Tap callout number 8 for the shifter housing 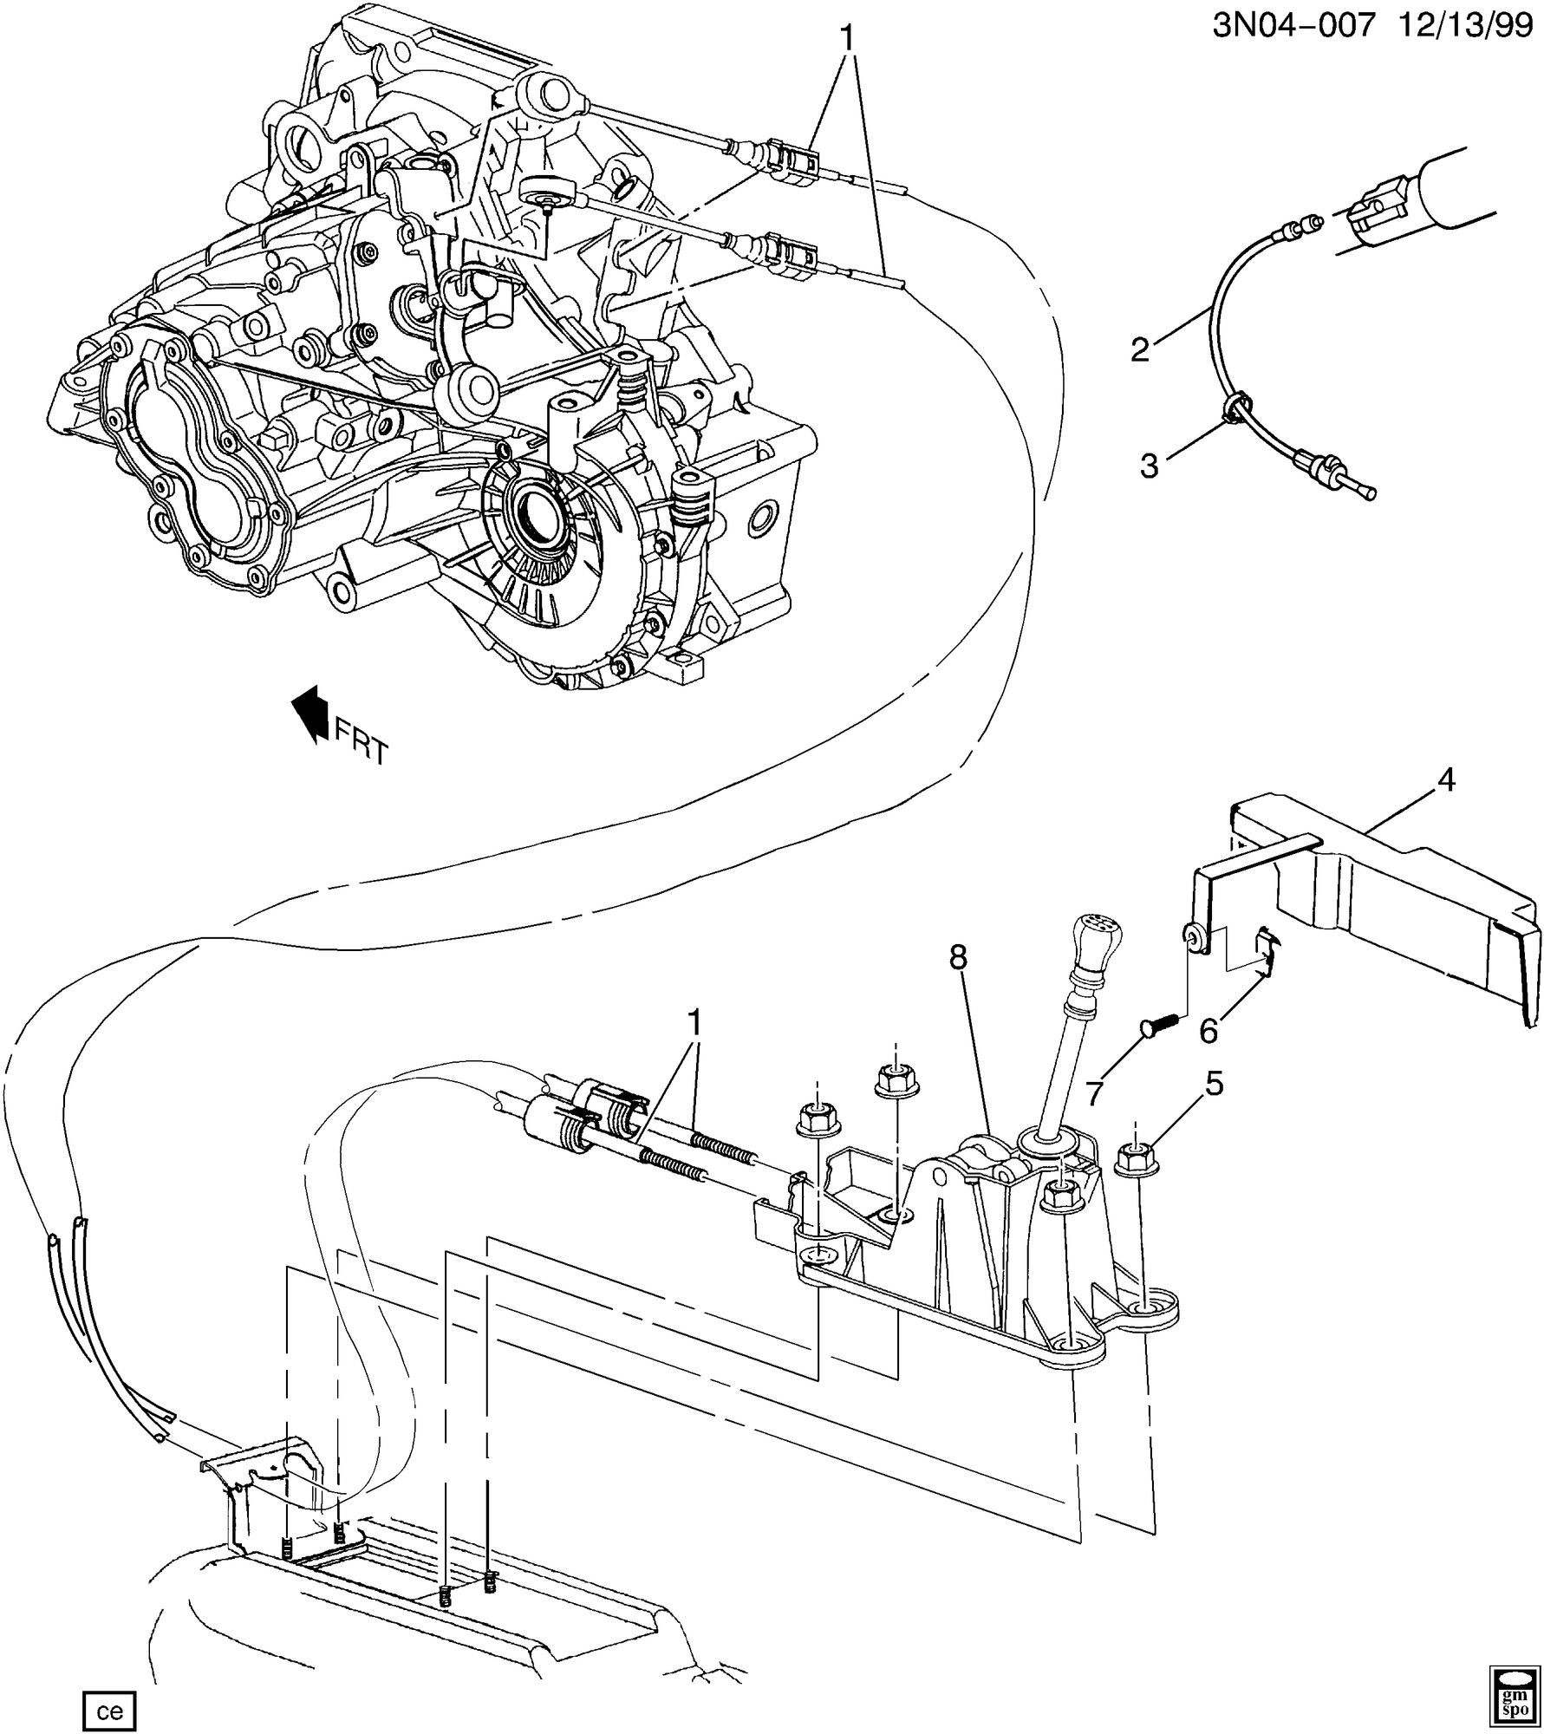[957, 958]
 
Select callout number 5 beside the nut [1214, 1083]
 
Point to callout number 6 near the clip [1208, 1031]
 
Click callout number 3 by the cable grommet [1149, 466]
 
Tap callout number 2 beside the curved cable [1140, 349]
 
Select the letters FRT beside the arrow [362, 743]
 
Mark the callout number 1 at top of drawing [847, 38]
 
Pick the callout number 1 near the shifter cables [694, 1024]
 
